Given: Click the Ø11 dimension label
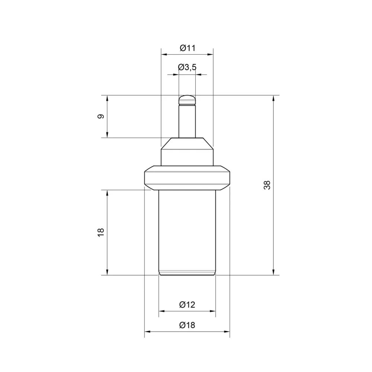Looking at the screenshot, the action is pos(187,48).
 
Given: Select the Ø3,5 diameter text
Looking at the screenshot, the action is pos(187,67).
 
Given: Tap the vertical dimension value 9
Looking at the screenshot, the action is pos(101,116).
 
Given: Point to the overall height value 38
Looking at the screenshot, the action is pos(267,185).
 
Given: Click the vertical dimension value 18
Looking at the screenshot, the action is pos(101,232).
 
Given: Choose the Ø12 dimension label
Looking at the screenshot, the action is pos(187,304).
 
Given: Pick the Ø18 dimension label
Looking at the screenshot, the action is pos(187,325).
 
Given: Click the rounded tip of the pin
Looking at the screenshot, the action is pos(187,100).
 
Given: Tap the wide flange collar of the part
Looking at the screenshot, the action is pos(187,178).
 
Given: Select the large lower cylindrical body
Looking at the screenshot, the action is pos(187,232).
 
